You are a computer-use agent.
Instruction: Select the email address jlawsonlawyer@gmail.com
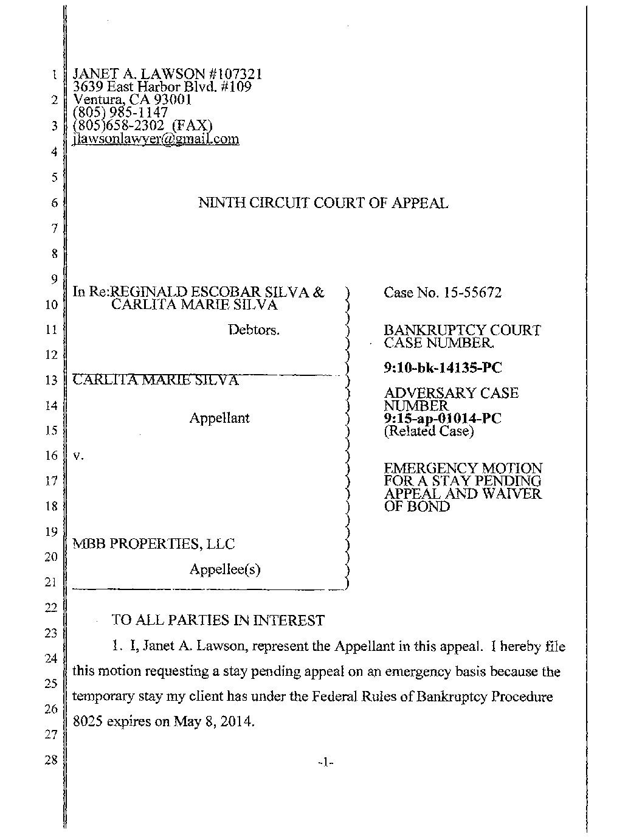click(x=156, y=139)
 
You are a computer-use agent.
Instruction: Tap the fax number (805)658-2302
click(x=119, y=126)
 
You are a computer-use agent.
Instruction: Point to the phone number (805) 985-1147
click(x=120, y=113)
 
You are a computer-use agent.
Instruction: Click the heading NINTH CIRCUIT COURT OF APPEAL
click(x=323, y=204)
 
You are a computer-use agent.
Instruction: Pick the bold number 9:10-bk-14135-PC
click(x=443, y=368)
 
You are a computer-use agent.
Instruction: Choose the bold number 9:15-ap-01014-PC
click(x=443, y=418)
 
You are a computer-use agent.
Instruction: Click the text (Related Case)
click(x=429, y=431)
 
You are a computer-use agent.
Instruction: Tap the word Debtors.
click(x=254, y=330)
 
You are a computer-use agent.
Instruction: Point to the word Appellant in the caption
click(x=219, y=418)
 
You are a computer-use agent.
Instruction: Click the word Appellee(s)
click(x=225, y=569)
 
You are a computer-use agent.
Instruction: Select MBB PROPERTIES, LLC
click(x=154, y=544)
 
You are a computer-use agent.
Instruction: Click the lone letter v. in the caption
click(x=77, y=455)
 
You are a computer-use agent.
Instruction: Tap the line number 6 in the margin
click(x=54, y=203)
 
